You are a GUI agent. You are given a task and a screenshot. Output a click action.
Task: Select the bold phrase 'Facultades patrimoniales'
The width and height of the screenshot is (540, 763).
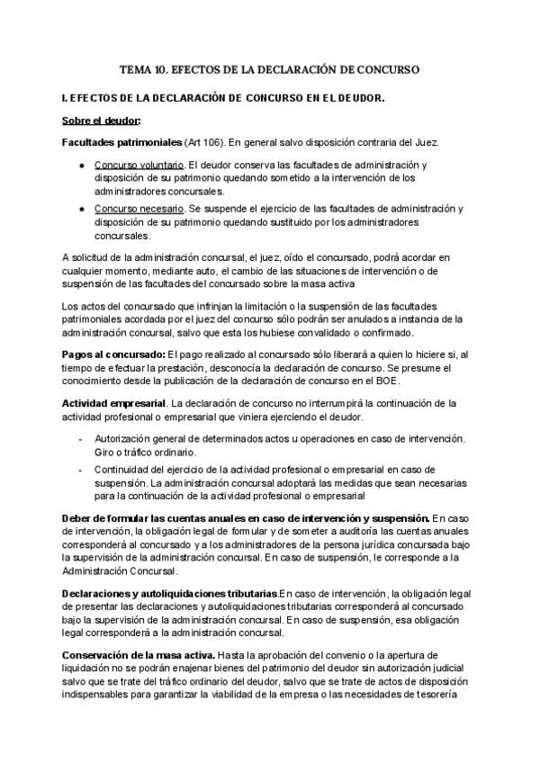coord(121,142)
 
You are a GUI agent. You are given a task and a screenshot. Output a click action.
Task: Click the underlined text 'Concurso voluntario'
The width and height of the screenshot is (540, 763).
coord(139,166)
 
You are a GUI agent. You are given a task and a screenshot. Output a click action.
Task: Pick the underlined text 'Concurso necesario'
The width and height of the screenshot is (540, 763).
coord(139,209)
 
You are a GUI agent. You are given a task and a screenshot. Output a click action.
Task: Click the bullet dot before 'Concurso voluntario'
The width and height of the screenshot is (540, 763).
coord(81,166)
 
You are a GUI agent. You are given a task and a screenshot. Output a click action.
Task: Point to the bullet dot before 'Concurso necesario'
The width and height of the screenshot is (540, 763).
coord(81,210)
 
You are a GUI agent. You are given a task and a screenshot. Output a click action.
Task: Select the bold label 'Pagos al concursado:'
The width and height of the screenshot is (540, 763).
coord(113,355)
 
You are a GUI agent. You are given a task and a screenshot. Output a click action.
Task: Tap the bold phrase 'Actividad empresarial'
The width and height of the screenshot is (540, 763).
coord(114,403)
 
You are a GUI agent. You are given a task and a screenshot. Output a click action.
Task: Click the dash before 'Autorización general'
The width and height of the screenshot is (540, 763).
coord(81,438)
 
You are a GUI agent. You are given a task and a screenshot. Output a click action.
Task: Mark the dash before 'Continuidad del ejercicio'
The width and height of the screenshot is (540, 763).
coord(81,470)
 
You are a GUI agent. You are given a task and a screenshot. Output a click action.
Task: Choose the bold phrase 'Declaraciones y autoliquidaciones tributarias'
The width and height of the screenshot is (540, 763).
coord(170,594)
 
